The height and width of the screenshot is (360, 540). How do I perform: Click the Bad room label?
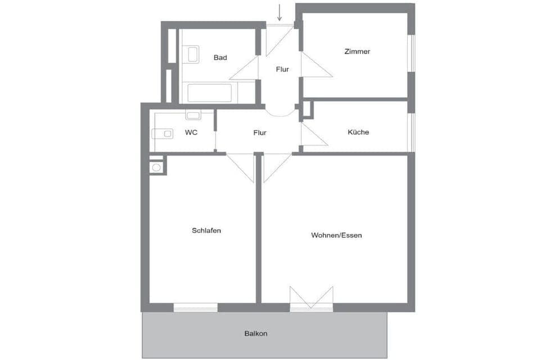pyautogui.click(x=220, y=57)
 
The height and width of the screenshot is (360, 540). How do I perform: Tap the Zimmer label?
pyautogui.click(x=357, y=51)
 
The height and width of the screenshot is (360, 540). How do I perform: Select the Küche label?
pyautogui.click(x=358, y=132)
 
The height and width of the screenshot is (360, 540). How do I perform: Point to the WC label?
pyautogui.click(x=191, y=132)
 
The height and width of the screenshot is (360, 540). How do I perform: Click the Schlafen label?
pyautogui.click(x=206, y=231)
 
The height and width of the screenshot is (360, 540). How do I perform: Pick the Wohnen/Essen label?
pyautogui.click(x=336, y=235)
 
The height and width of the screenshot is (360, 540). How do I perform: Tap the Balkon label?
pyautogui.click(x=256, y=334)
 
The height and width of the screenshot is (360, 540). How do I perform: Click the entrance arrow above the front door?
pyautogui.click(x=280, y=12)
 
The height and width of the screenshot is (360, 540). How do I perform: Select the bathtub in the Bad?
pyautogui.click(x=209, y=93)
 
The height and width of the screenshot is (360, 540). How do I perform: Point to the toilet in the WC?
pyautogui.click(x=163, y=134)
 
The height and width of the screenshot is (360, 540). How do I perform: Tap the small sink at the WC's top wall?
pyautogui.click(x=193, y=115)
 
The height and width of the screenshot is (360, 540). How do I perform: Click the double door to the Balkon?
pyautogui.click(x=311, y=298)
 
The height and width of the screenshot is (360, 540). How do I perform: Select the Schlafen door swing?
pyautogui.click(x=240, y=168)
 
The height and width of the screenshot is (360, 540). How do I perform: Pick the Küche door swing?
pyautogui.click(x=314, y=134)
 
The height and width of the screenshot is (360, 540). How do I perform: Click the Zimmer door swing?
pyautogui.click(x=317, y=65)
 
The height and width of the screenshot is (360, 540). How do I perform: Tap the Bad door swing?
pyautogui.click(x=244, y=68)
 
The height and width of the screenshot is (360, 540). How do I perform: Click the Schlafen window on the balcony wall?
pyautogui.click(x=196, y=308)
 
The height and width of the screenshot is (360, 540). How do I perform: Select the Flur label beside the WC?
pyautogui.click(x=260, y=133)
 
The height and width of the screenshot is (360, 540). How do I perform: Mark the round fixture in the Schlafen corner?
pyautogui.click(x=156, y=168)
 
